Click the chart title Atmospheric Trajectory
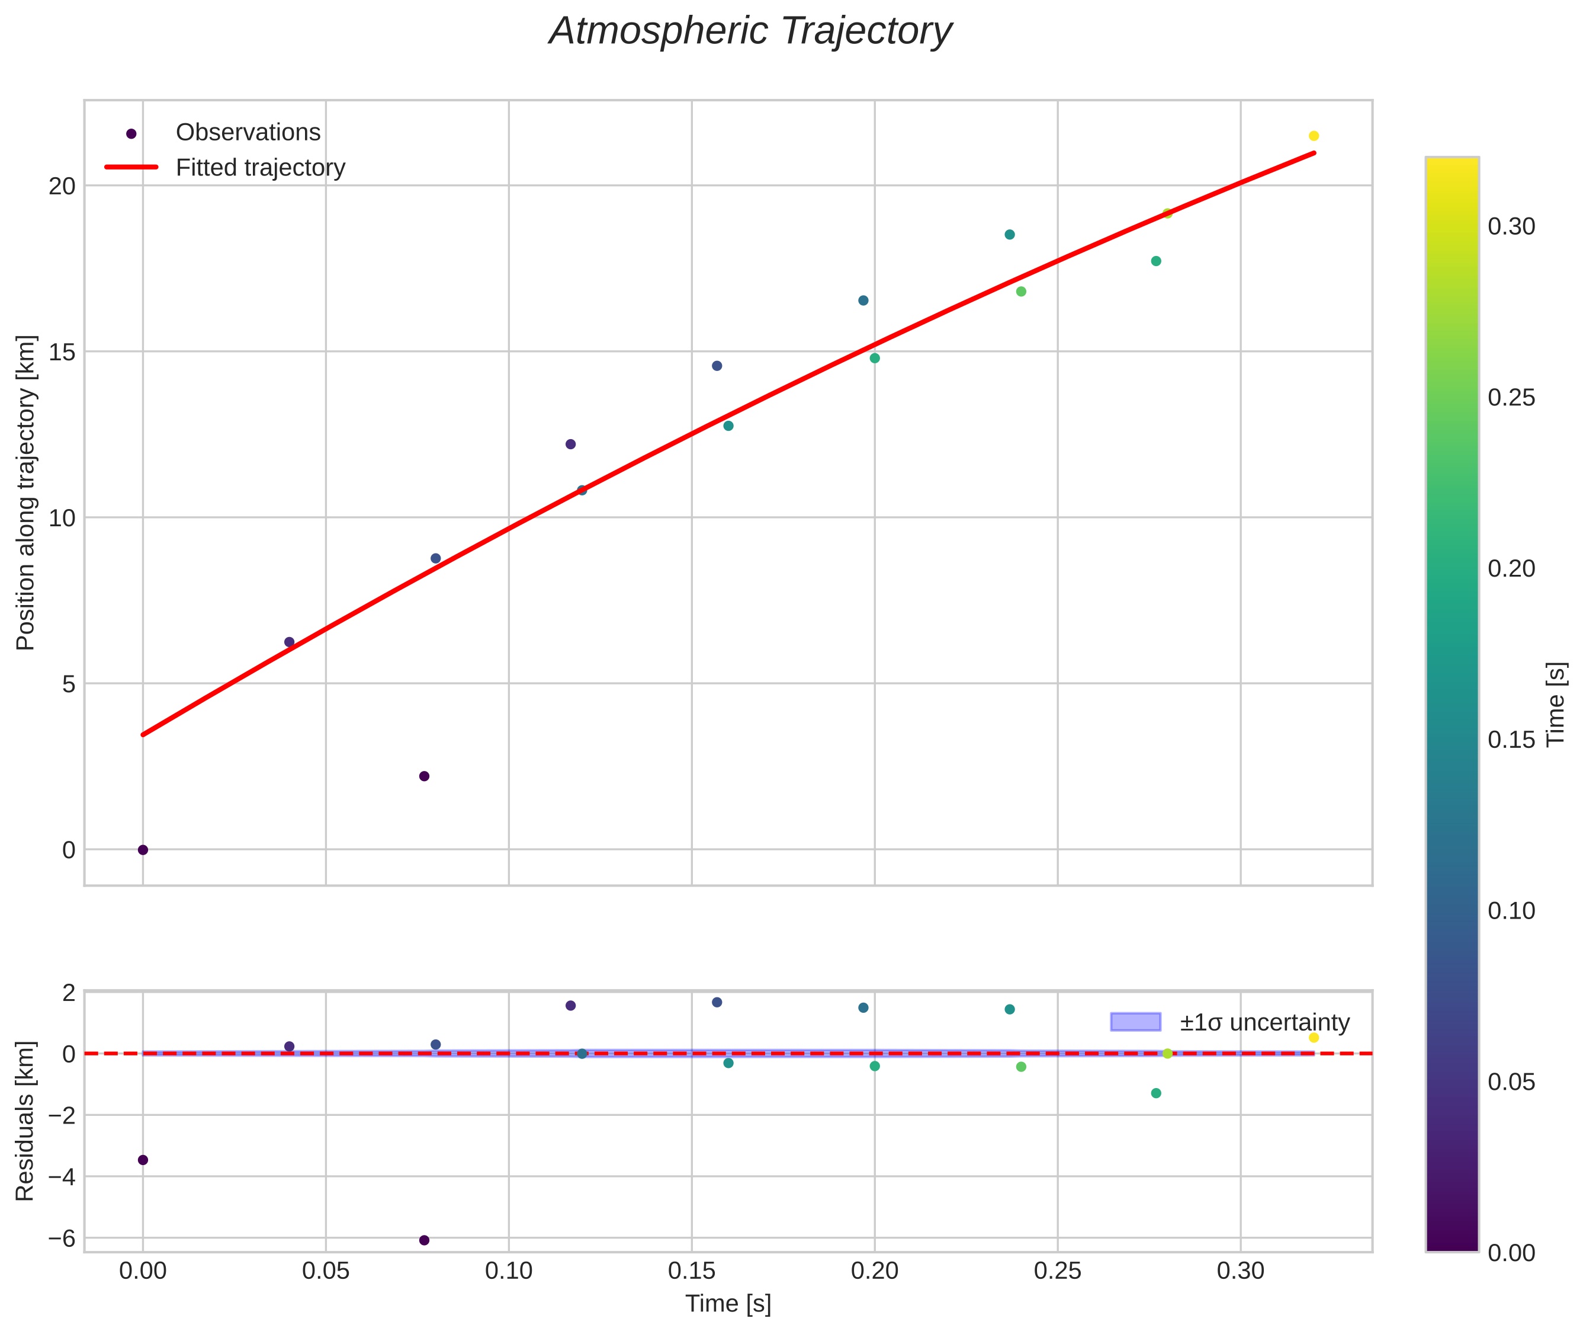(x=750, y=31)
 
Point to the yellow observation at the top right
(x=1314, y=136)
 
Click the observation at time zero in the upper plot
(x=143, y=850)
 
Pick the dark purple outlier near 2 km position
(x=424, y=776)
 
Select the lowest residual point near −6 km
(x=424, y=1240)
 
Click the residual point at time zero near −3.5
(x=143, y=1160)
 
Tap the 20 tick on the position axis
(x=62, y=186)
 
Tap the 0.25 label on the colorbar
(x=1511, y=398)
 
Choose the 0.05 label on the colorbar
(x=1511, y=1083)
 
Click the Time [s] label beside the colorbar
(x=1556, y=704)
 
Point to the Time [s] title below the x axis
(x=728, y=1304)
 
